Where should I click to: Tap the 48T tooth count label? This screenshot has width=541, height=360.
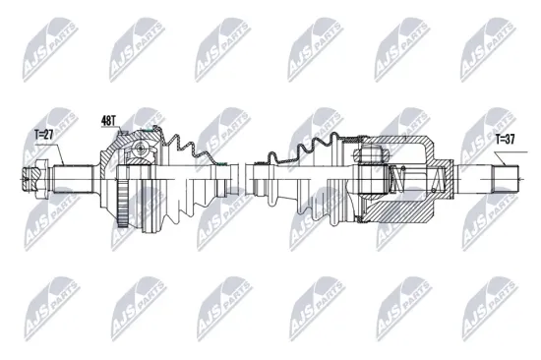pyautogui.click(x=109, y=121)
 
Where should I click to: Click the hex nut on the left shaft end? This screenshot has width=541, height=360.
pyautogui.click(x=30, y=178)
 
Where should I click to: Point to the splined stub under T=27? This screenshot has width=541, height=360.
pyautogui.click(x=74, y=178)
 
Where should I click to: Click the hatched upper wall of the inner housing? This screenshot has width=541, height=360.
pyautogui.click(x=393, y=144)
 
